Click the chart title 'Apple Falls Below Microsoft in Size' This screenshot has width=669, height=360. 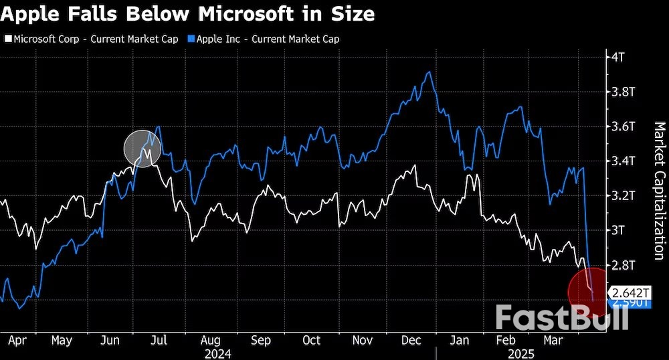[187, 13]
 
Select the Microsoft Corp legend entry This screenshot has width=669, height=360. [91, 39]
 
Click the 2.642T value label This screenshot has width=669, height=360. [630, 292]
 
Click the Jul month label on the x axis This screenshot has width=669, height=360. [159, 340]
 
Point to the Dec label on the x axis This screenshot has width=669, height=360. [411, 340]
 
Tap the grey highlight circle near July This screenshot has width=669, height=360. [142, 148]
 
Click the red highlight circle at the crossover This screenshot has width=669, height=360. [587, 289]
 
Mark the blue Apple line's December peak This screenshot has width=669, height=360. [428, 72]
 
